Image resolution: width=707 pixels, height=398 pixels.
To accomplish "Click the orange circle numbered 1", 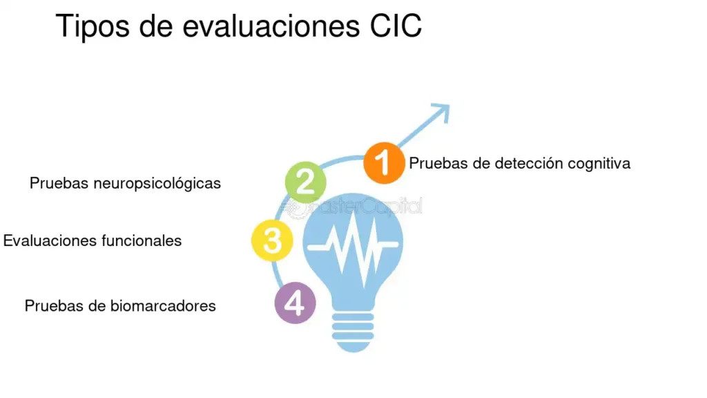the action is click(384, 163).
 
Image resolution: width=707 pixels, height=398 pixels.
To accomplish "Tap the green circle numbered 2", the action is click(305, 182).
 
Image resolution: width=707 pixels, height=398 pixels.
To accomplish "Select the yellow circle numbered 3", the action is click(272, 240).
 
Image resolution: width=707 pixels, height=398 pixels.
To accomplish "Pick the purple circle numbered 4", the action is click(296, 303).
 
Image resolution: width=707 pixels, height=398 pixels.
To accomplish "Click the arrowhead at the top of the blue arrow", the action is click(443, 111).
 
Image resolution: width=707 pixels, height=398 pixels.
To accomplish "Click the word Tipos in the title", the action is click(93, 26).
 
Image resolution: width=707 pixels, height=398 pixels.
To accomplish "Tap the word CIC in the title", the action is click(396, 26).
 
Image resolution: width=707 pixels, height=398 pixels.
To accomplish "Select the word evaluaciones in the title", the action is click(271, 26).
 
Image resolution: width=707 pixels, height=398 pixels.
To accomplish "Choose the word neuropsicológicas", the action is click(157, 184).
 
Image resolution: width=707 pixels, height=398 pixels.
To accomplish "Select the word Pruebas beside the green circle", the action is click(59, 183).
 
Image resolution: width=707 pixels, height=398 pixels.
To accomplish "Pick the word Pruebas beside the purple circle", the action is click(54, 306).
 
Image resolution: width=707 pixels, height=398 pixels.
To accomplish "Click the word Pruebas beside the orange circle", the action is click(438, 163).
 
